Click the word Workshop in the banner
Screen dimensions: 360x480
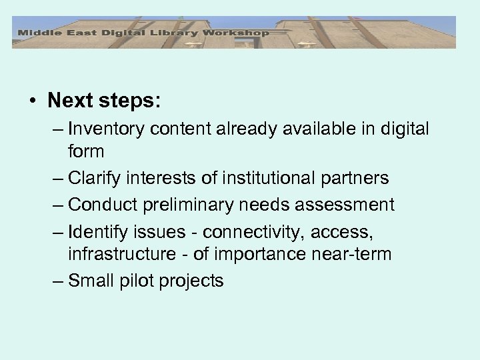237,33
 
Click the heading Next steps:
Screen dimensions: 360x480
105,101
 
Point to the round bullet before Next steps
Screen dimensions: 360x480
33,101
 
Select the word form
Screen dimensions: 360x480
86,151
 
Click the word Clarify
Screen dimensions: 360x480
93,179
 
